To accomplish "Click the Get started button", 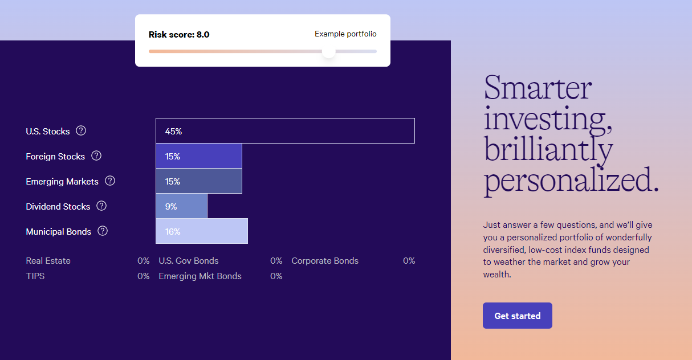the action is [x=518, y=316].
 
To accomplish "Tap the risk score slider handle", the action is [x=329, y=51].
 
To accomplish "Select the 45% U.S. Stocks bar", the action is [x=285, y=130].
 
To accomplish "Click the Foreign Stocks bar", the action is [x=198, y=156].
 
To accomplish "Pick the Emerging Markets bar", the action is [x=198, y=181].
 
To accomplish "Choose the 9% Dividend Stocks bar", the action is [x=181, y=206].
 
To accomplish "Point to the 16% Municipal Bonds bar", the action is [x=202, y=231].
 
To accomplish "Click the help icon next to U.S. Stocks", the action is [x=81, y=130].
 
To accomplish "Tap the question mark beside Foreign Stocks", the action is [x=96, y=156].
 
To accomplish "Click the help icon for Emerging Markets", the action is [x=110, y=181].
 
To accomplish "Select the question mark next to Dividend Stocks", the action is [x=101, y=206].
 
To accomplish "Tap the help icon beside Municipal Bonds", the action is [x=103, y=231].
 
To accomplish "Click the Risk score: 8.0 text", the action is [x=179, y=34].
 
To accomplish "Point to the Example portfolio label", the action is [x=345, y=34].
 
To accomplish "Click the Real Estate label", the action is [x=48, y=260].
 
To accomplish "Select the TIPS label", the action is [x=35, y=276].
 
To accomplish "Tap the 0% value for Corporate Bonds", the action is [x=409, y=260].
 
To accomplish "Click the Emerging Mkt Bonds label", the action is [x=200, y=276].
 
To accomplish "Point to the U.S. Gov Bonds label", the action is [x=189, y=260].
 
